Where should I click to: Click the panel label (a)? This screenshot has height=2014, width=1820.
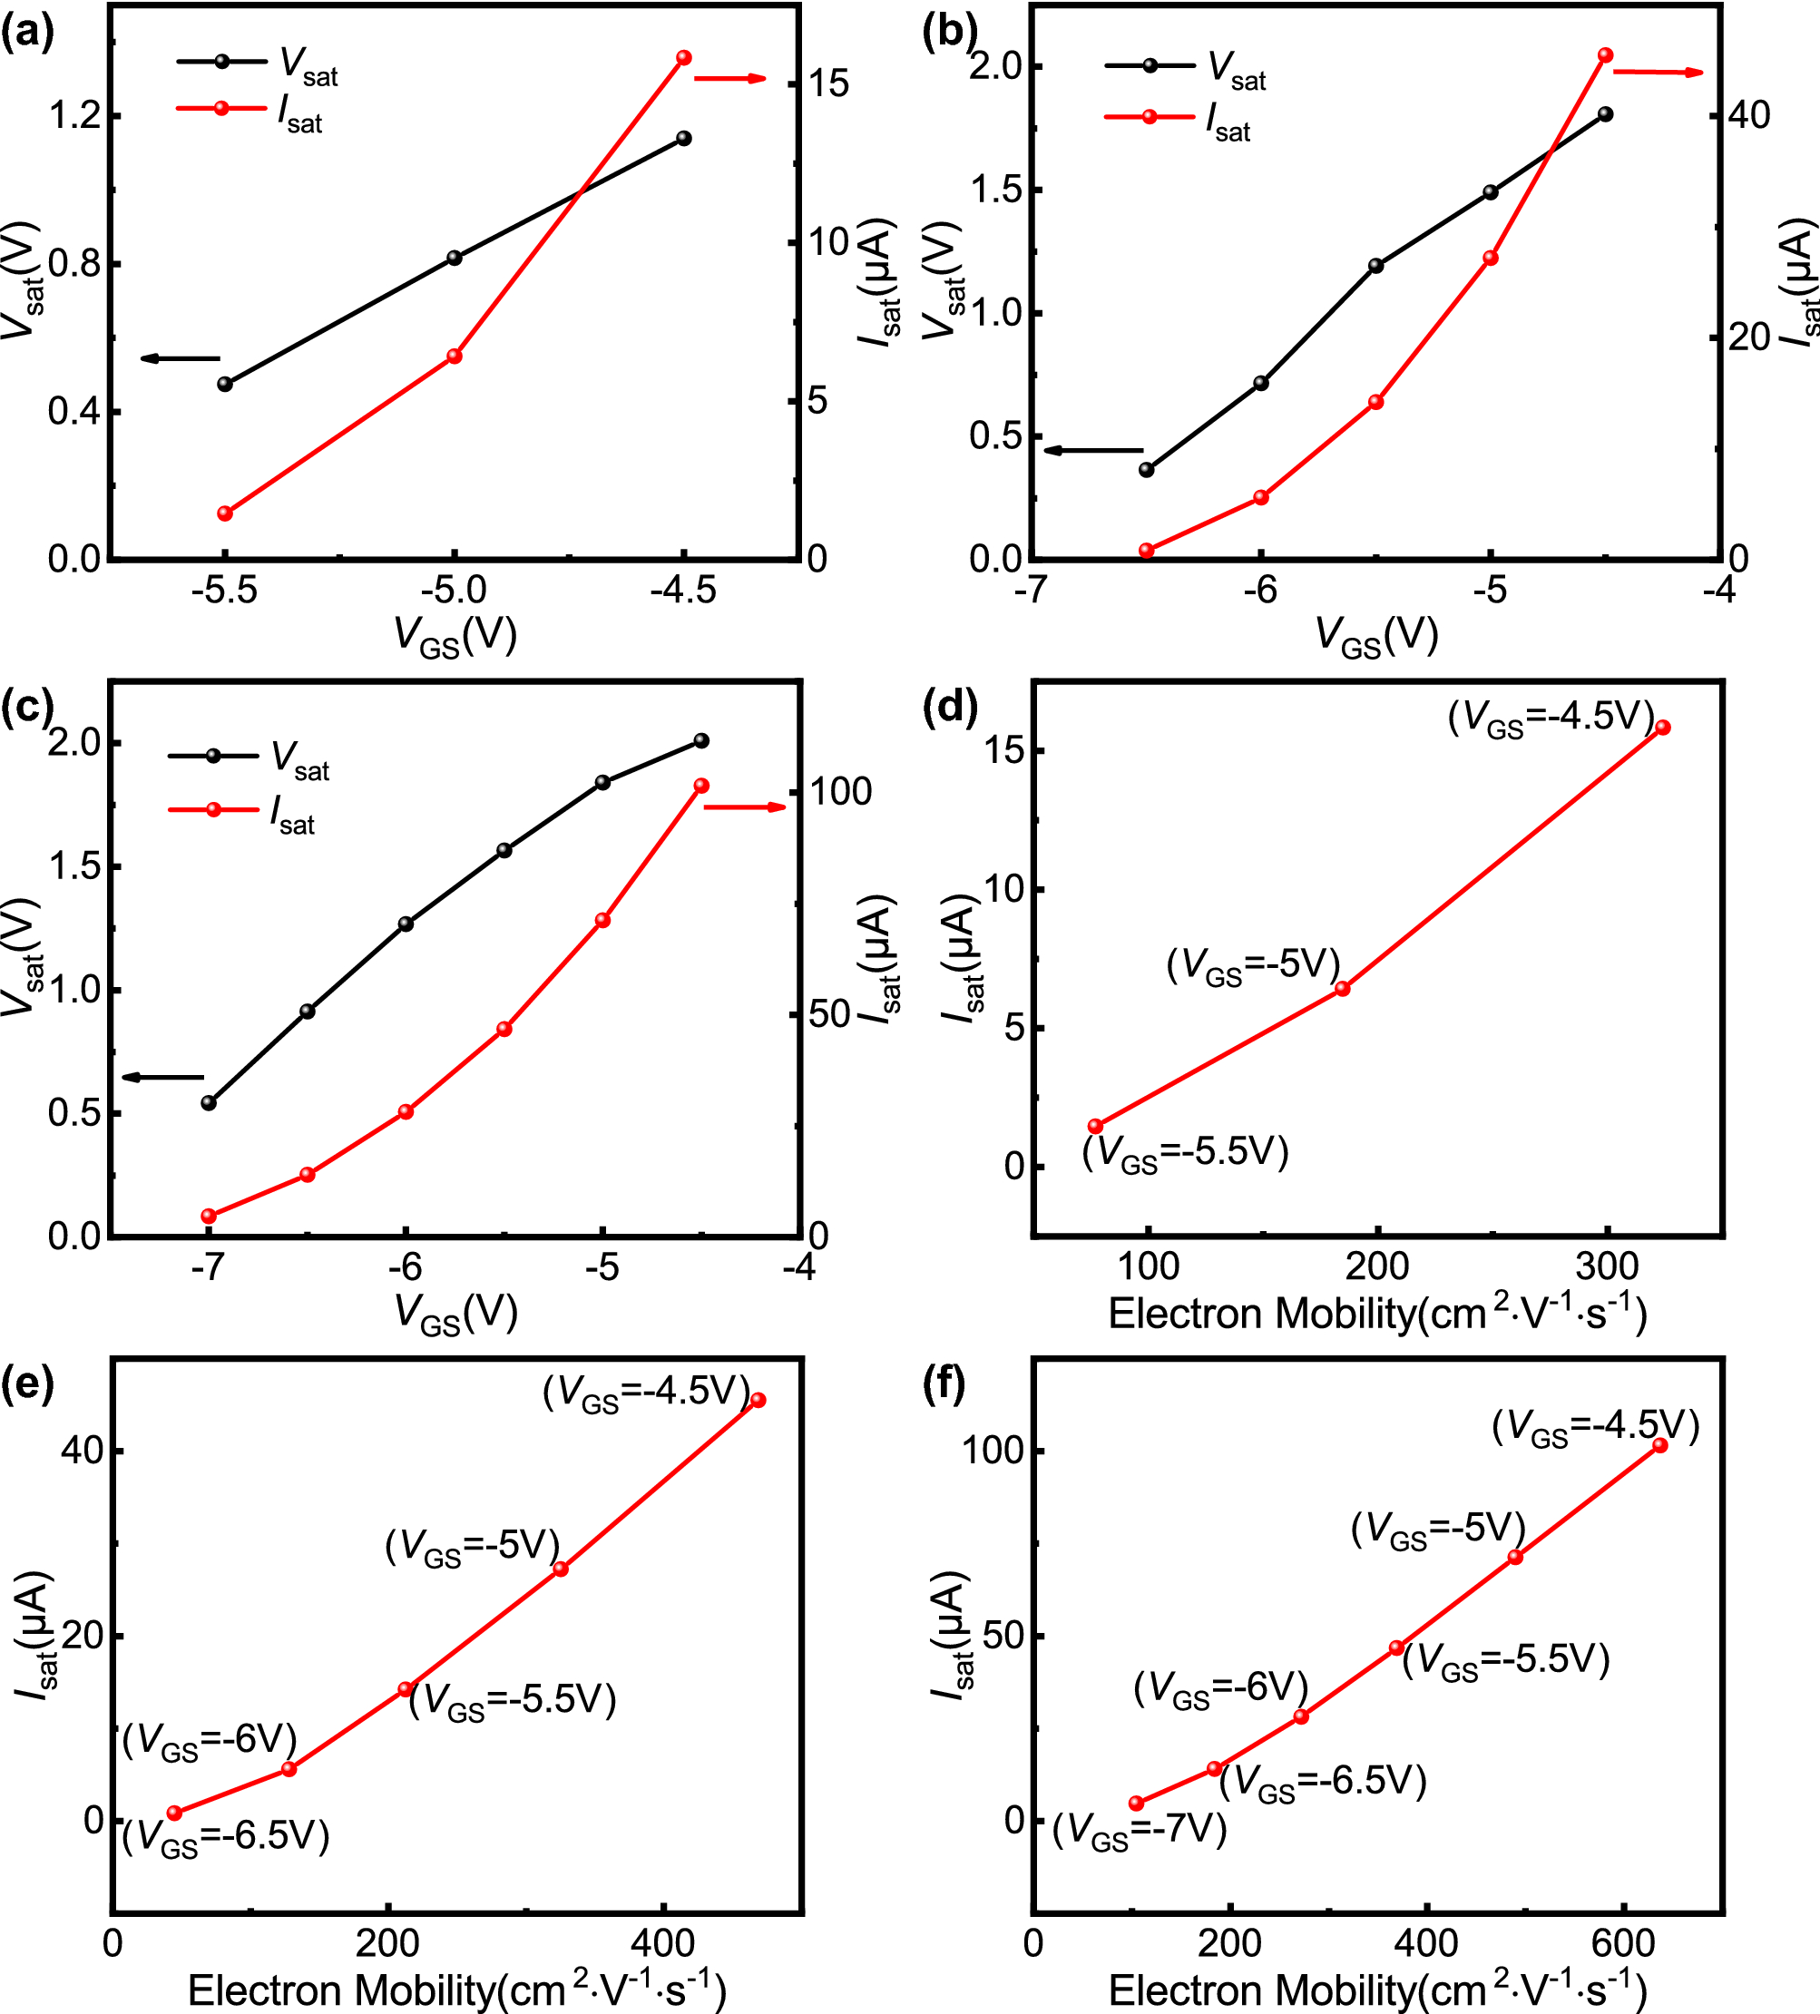tap(27, 33)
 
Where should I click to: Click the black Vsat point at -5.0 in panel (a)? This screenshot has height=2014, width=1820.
tap(455, 258)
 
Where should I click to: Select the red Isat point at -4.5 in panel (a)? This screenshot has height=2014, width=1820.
tap(684, 58)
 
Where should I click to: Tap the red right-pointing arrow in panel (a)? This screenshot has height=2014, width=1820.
tap(730, 78)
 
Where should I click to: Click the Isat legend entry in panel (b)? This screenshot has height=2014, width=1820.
tap(1178, 120)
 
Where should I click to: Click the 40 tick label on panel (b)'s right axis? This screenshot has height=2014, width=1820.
tap(1749, 115)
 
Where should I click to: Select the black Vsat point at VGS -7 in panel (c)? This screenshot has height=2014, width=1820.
tap(209, 1103)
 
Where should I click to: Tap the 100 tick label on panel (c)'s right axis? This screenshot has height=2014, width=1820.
tap(840, 792)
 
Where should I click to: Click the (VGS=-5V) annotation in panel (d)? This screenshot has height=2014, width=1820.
tap(1253, 966)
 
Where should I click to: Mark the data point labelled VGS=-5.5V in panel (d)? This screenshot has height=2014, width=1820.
tap(1095, 1126)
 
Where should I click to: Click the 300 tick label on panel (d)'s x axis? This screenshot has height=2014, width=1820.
tap(1607, 1266)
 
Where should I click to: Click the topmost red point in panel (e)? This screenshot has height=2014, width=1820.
tap(758, 1400)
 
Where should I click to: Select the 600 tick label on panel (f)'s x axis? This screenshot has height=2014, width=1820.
tap(1622, 1943)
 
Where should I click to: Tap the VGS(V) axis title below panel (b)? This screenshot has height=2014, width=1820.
tap(1376, 635)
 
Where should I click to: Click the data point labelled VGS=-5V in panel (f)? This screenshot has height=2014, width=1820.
tap(1514, 1557)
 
